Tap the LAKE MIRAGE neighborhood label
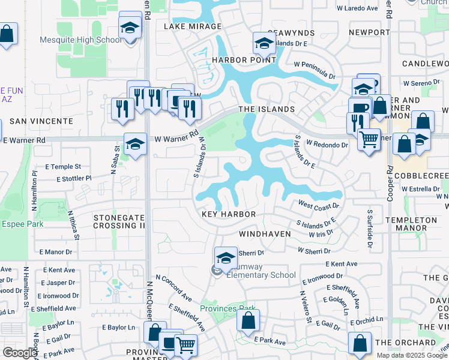tap(192, 27)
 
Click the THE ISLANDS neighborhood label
tap(267, 109)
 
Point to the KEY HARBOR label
tap(229, 214)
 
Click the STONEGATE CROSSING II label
tap(119, 221)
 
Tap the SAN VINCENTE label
tap(42, 121)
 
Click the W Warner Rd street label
tap(176, 137)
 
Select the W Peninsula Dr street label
tap(315, 70)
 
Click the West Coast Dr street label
tap(318, 206)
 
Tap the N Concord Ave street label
tap(173, 288)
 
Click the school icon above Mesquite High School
tap(130, 27)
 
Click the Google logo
tap(19, 353)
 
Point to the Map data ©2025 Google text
tap(412, 355)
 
